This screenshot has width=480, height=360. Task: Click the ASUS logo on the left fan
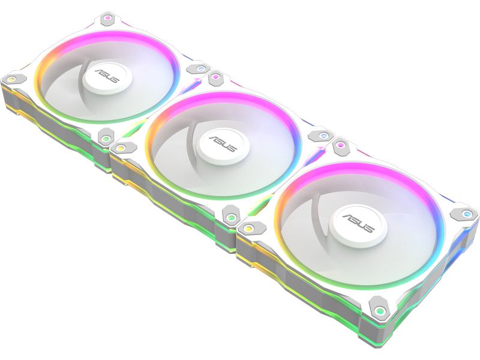click(107, 79)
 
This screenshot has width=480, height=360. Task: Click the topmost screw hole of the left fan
click(107, 19)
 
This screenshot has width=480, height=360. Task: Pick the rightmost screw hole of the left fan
click(200, 68)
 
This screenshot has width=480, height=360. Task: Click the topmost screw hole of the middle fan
click(214, 78)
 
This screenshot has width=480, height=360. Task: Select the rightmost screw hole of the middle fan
click(323, 136)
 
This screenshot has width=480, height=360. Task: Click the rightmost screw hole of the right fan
click(466, 213)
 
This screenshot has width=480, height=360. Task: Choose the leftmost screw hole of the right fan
click(248, 227)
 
